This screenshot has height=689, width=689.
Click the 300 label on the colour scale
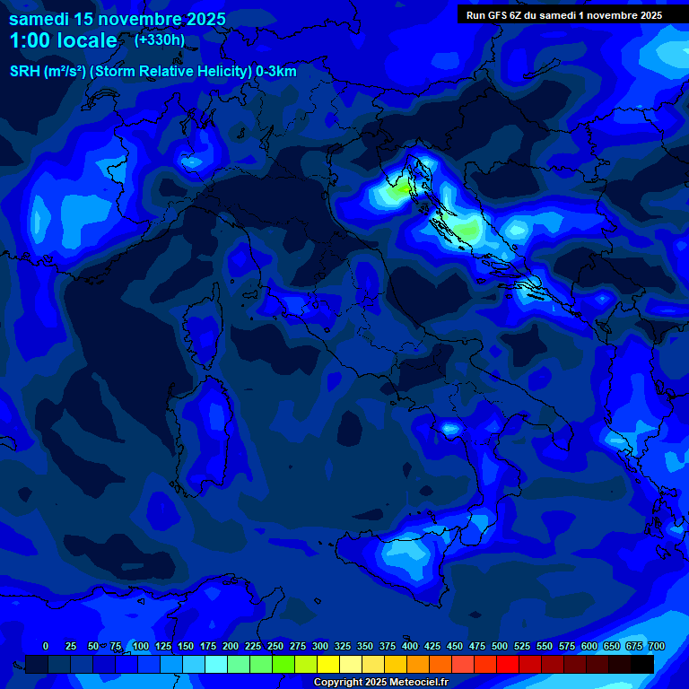point(320,646)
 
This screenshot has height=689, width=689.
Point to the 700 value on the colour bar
point(657,646)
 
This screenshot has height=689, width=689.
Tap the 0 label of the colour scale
point(46,646)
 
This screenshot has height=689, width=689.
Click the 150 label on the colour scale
point(186,646)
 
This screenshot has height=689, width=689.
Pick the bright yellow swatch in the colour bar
point(328,664)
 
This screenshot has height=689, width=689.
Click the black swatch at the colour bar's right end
point(642,664)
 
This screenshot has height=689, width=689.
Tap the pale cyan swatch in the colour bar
point(216,664)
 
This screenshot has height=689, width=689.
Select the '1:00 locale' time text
point(63,40)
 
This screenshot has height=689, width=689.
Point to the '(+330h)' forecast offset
point(160,39)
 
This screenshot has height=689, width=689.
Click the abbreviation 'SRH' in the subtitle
point(24,72)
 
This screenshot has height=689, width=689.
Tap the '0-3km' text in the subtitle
point(276,72)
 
